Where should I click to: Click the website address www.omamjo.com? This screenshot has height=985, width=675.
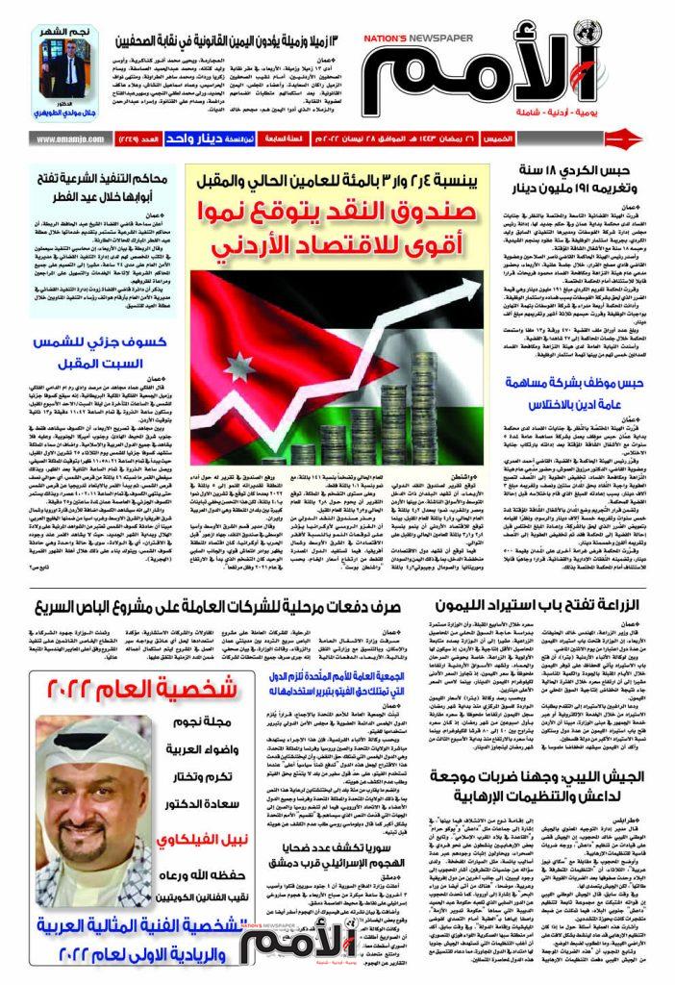(x=67, y=139)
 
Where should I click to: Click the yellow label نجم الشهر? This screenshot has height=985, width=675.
(x=65, y=33)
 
